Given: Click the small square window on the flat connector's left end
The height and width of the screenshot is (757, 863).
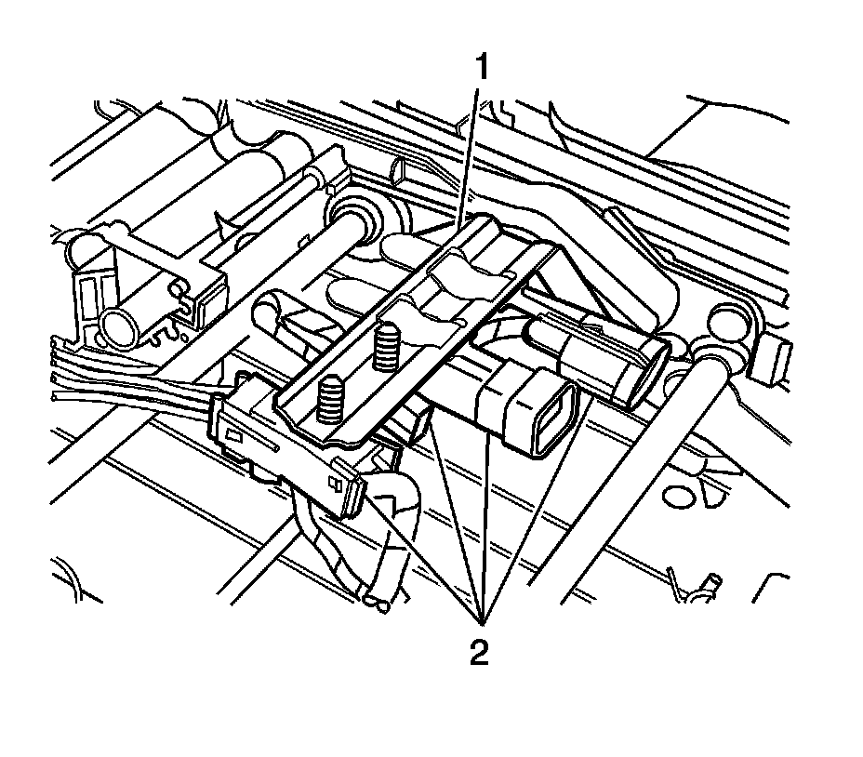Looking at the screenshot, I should tap(233, 435).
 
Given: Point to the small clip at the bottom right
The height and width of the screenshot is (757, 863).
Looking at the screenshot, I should tap(701, 586).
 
